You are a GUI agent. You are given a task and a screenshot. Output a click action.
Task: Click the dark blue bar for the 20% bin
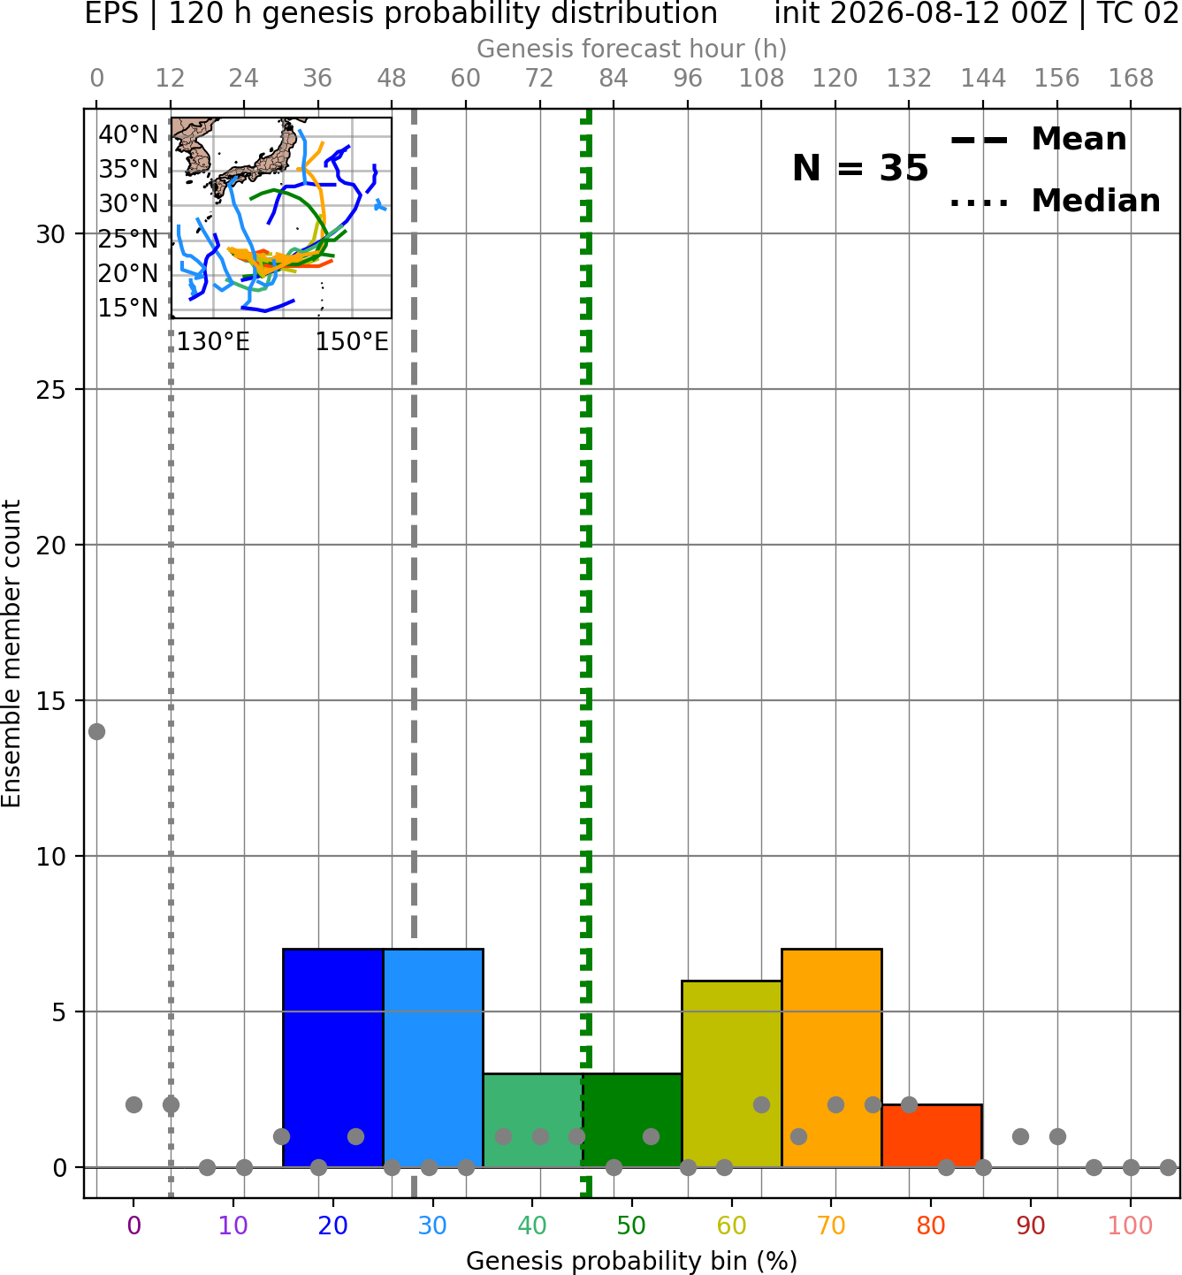coord(333,1057)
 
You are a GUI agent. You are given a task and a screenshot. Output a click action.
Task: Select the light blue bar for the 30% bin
coord(433,1057)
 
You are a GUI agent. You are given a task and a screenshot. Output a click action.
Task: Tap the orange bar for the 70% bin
coord(831,1057)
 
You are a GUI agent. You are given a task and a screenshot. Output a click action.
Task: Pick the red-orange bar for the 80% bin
coord(932,1135)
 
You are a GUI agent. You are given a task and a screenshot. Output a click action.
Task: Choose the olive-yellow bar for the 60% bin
coord(731,1073)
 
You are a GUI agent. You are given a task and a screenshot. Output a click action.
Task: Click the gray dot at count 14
coord(96,731)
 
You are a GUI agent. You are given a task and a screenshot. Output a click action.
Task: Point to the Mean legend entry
coord(1038,140)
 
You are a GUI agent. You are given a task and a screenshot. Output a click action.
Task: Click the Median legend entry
coord(1055,201)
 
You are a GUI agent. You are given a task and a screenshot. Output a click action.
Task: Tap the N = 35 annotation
coord(860,168)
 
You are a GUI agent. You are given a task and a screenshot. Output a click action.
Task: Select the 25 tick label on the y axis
coord(50,390)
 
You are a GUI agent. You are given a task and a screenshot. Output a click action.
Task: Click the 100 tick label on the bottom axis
coord(1130,1225)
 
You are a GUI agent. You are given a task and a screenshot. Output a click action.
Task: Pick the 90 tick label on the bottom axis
coord(1031,1225)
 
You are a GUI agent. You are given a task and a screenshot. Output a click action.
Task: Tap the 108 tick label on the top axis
coord(761,79)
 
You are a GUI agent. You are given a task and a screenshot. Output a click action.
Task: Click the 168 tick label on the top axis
coord(1131,79)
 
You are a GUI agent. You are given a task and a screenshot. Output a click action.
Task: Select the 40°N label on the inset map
coord(128,134)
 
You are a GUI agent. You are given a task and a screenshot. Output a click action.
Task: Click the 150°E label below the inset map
coord(352,341)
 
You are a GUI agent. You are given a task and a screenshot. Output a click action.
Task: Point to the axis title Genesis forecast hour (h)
coord(631,49)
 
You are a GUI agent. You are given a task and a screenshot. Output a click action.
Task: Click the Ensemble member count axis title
coord(11,653)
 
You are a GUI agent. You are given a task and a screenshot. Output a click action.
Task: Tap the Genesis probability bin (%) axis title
coord(631,1261)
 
